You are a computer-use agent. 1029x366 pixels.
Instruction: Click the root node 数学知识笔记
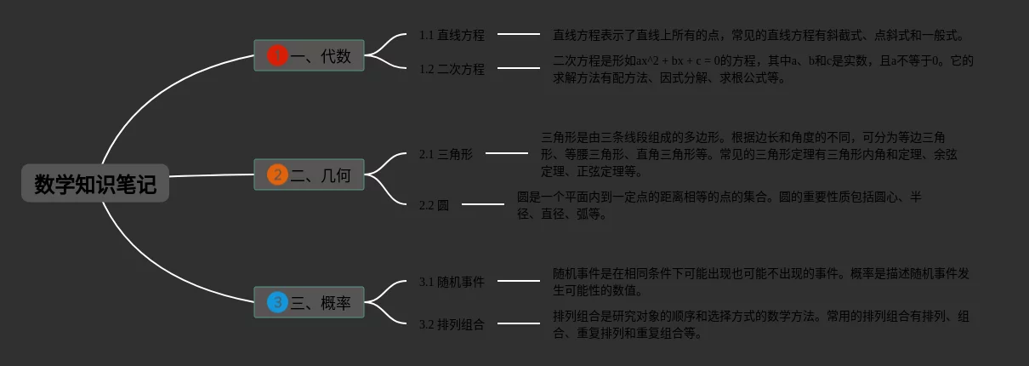[95, 184]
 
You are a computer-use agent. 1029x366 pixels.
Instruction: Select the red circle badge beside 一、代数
[277, 56]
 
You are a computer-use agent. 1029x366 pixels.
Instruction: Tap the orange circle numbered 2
[277, 175]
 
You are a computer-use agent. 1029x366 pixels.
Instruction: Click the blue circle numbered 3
[277, 302]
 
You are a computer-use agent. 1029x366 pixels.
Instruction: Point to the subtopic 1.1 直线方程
[452, 36]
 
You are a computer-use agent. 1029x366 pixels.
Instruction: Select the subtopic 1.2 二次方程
[452, 69]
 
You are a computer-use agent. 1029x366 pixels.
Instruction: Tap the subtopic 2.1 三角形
[446, 154]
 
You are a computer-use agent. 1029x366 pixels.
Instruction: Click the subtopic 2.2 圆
[434, 205]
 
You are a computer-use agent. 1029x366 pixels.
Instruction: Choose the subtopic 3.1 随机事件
[452, 282]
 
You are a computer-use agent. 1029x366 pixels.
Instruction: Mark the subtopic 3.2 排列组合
[452, 324]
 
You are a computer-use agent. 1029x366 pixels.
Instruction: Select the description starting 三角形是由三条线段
[749, 154]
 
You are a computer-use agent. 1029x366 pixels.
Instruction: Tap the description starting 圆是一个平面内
[719, 205]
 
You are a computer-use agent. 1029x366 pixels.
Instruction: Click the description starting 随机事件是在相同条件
[761, 282]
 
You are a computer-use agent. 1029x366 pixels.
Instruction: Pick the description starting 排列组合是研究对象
[761, 324]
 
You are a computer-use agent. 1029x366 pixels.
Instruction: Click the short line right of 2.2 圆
[483, 204]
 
